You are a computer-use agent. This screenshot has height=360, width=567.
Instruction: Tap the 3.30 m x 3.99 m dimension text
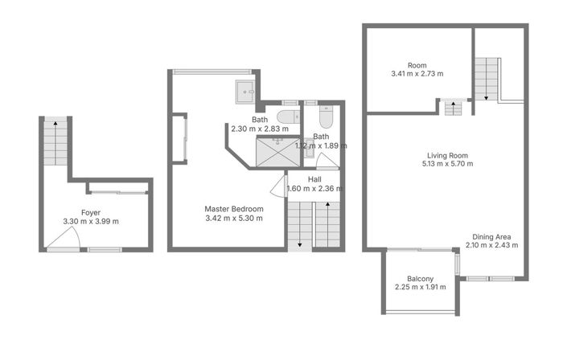pos(90,222)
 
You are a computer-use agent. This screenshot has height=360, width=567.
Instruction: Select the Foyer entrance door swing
pos(64,239)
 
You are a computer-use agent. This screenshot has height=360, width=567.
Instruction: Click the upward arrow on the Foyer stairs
pos(55,124)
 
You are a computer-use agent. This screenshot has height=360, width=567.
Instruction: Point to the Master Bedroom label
pos(233,209)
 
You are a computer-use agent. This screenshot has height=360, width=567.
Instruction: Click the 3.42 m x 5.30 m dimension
pos(233,219)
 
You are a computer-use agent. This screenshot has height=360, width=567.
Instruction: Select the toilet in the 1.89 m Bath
pos(325,118)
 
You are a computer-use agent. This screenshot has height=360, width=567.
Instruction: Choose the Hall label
pos(314,179)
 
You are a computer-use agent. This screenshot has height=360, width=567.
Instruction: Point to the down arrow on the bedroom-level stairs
pos(299,243)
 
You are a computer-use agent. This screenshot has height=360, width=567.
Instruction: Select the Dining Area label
pos(492,236)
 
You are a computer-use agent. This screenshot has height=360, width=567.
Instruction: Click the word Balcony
pos(421,278)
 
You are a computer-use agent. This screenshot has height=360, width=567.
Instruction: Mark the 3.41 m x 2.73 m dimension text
pos(417,74)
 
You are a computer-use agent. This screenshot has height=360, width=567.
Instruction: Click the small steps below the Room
pos(453,106)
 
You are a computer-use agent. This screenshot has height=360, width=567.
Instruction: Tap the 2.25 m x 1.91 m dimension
pos(421,288)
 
